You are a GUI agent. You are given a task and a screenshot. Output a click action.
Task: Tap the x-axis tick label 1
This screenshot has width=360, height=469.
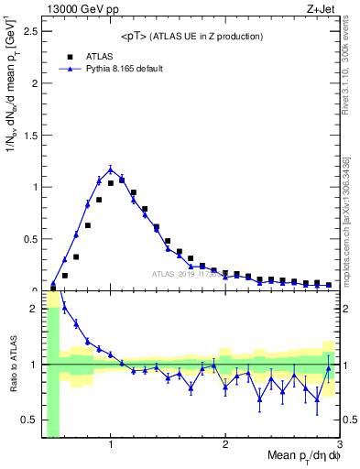111,446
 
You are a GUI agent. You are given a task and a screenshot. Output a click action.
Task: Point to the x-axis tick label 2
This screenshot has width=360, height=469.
225,446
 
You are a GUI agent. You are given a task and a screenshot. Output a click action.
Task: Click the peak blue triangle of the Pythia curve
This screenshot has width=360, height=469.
111,169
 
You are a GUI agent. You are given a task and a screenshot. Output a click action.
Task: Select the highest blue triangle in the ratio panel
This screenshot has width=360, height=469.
65,307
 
